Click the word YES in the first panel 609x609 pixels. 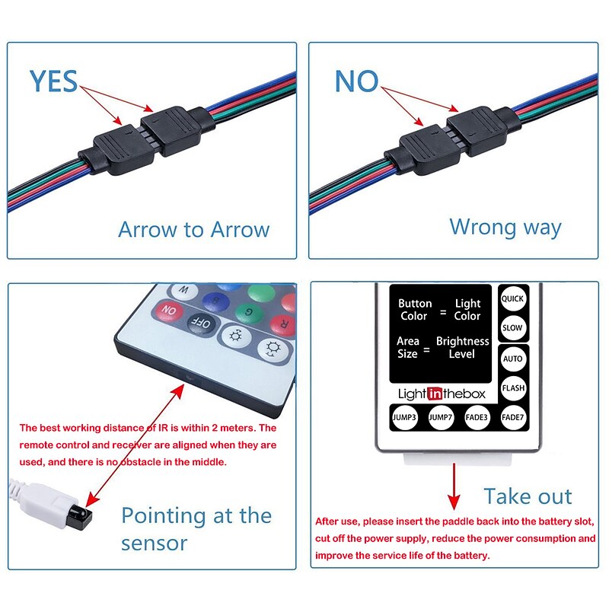[53, 81]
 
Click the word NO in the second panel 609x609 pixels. [356, 81]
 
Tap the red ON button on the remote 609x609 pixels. [169, 311]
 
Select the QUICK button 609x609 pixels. [512, 298]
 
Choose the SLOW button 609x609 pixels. [512, 328]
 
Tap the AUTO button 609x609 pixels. [512, 359]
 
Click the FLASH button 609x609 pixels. [513, 388]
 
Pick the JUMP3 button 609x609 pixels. [404, 417]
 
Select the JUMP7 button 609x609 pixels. [441, 417]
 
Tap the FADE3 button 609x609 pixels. [477, 417]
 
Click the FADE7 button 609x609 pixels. [512, 417]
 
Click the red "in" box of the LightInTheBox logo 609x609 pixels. [435, 394]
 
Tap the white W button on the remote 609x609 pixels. [183, 290]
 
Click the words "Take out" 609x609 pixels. [528, 496]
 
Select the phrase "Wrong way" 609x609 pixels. [505, 227]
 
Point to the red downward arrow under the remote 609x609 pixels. [454, 486]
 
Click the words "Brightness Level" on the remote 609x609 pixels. [462, 347]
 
